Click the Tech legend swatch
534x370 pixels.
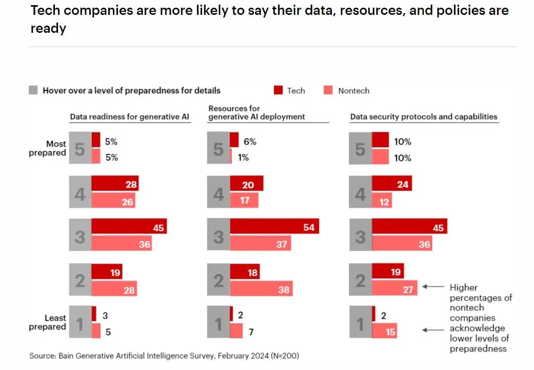[x=278, y=90]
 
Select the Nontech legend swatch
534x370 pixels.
[x=328, y=90]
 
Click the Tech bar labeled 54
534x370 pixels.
[x=274, y=226]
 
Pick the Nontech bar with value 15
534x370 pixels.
[x=385, y=331]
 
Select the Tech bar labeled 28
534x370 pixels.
[x=115, y=184]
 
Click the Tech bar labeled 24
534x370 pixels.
[x=392, y=184]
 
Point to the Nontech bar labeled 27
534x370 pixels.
[x=395, y=288]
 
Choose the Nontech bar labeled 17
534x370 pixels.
[x=244, y=200]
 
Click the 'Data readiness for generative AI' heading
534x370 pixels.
[x=130, y=116]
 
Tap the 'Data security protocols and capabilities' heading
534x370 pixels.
[x=424, y=116]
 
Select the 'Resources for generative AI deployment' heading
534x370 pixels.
[x=256, y=112]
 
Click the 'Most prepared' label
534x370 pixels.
[x=48, y=148]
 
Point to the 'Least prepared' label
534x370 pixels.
[x=48, y=322]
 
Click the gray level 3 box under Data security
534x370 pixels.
[x=360, y=236]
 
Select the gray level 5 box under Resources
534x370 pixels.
[x=219, y=148]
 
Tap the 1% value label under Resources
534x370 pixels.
[x=243, y=158]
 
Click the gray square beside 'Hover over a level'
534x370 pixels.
[x=33, y=90]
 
